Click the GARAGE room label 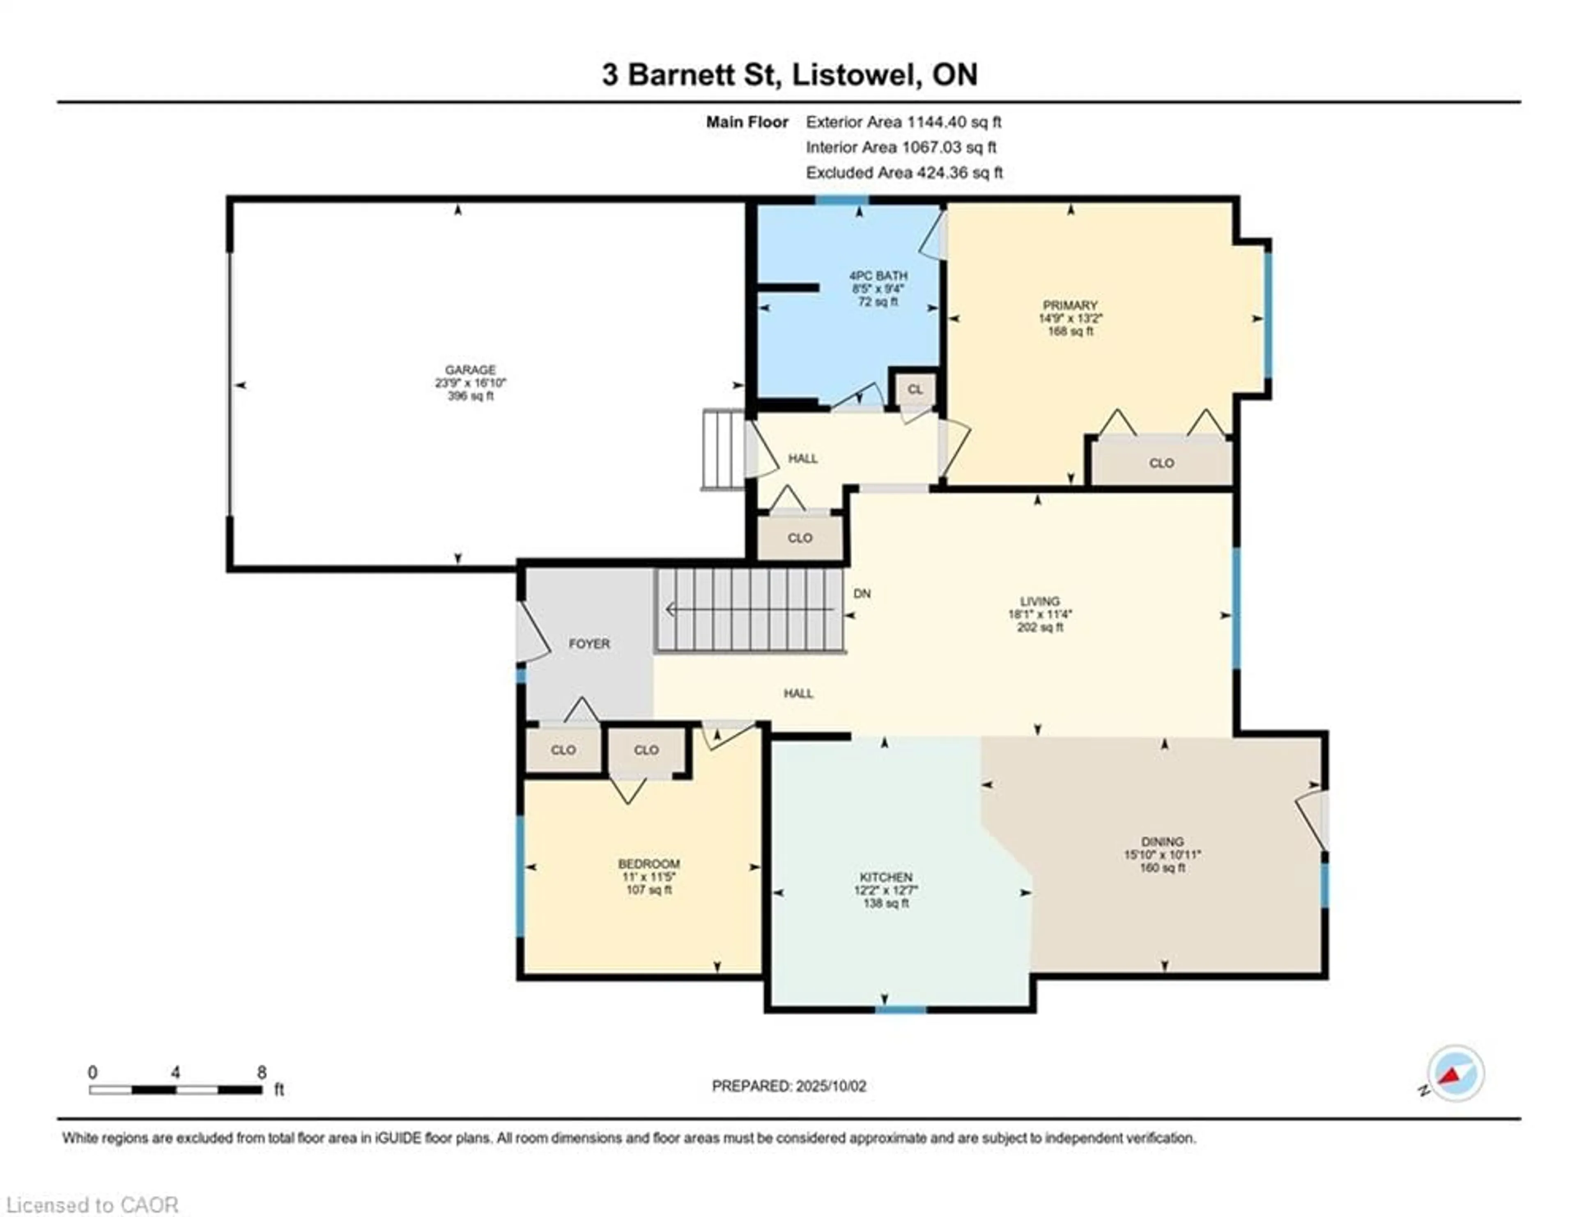470,370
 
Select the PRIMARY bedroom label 1070,305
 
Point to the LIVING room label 1040,601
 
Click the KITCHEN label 886,877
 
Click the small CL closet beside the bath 915,390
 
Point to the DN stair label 862,593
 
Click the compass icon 1456,1073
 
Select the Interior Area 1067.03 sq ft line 901,147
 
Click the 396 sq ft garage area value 470,395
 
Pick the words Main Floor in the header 747,122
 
